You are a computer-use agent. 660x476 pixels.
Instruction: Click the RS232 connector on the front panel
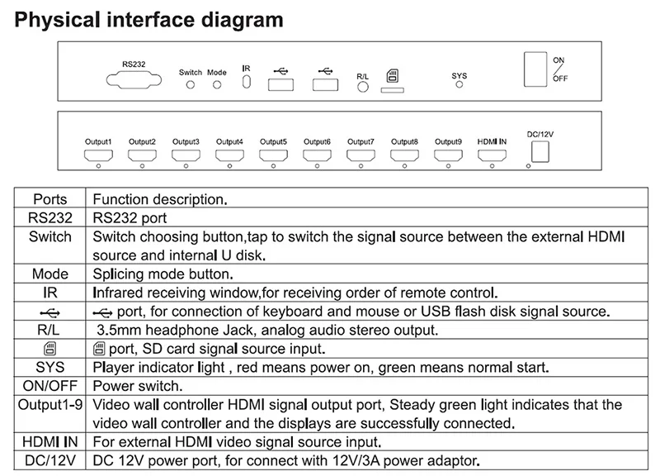coord(133,81)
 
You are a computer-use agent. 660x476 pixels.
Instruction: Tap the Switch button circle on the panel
coord(191,85)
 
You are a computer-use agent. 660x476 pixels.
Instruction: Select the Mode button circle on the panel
coord(217,85)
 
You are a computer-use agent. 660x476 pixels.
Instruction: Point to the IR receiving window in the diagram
coord(246,83)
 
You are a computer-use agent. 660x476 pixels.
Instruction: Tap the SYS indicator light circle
coord(460,85)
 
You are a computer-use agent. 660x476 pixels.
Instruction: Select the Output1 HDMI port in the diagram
coord(98,154)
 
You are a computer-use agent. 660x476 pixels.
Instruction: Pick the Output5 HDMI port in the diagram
coord(273,154)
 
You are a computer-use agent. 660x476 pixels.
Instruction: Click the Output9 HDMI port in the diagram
coord(448,154)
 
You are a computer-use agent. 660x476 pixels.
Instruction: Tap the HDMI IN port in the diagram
coord(492,154)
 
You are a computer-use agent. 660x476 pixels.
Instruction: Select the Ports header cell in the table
coord(50,199)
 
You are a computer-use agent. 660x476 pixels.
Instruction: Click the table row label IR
coord(50,293)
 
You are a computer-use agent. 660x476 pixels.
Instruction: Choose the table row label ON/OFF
coord(50,385)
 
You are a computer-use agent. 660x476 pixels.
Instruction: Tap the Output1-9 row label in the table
coord(50,405)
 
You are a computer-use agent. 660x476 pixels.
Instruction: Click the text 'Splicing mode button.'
coord(163,274)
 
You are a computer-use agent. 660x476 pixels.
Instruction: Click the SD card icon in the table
coord(50,348)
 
